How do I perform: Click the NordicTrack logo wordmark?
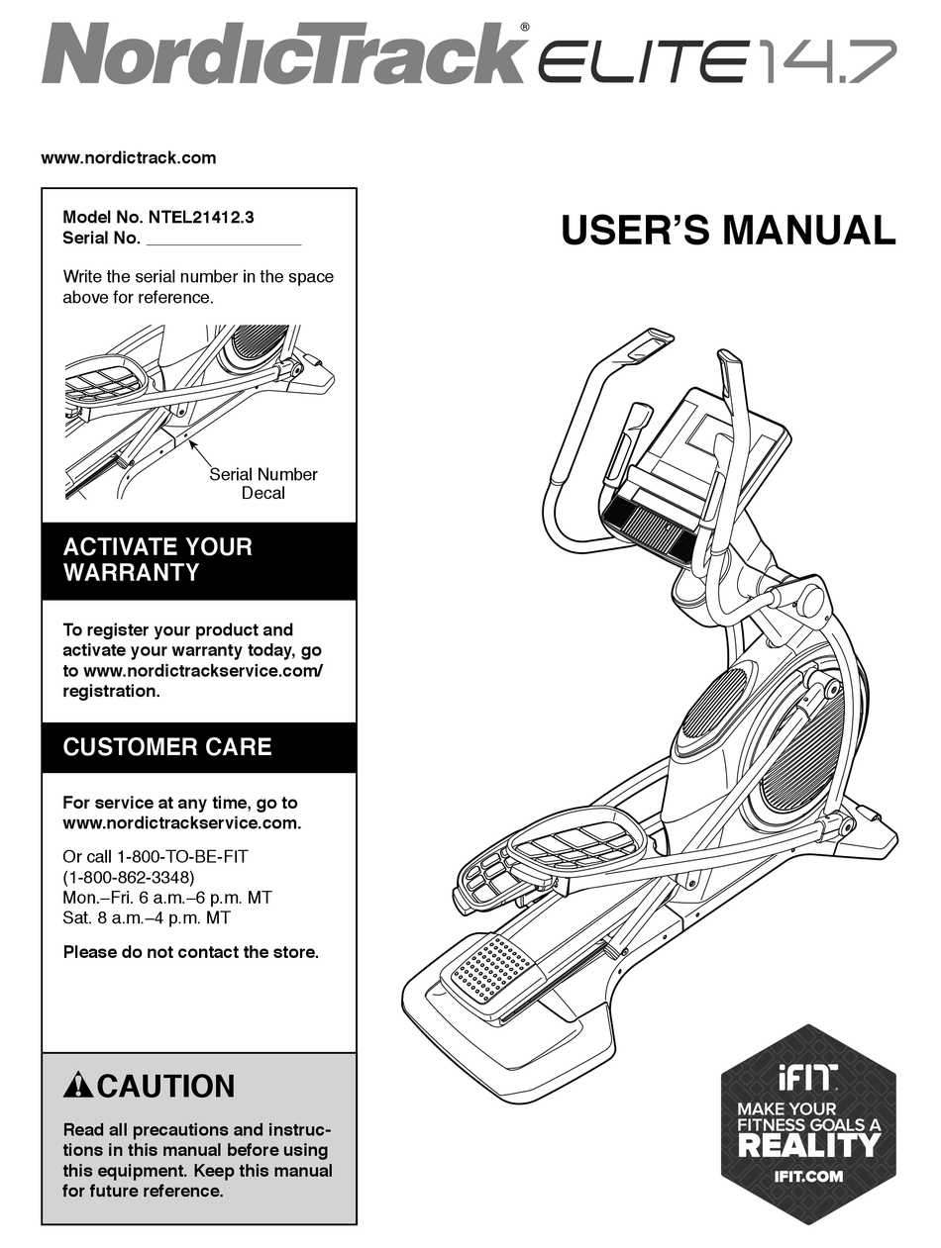pos(282,54)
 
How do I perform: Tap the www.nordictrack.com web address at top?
pos(128,157)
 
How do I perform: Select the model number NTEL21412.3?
pos(194,217)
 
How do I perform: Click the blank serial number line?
pos(223,240)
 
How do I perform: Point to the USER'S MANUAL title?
pos(728,231)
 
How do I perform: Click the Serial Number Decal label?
pos(262,483)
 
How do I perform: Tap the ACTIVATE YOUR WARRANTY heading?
pos(157,560)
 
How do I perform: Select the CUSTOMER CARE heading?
pos(167,747)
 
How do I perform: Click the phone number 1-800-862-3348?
pos(129,877)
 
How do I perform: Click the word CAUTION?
pos(166,1087)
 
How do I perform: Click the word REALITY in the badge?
pos(808,1145)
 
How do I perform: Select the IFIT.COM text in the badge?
pos(808,1177)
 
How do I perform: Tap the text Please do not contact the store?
pos(191,952)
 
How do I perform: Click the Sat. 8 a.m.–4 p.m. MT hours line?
pos(147,918)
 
